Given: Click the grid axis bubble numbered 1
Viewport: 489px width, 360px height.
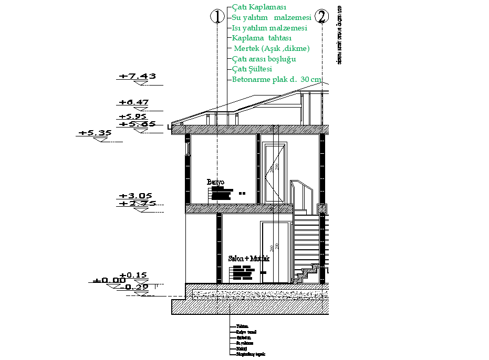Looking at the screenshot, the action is pos(217,17).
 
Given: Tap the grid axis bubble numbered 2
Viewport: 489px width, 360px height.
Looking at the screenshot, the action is pos(321,17).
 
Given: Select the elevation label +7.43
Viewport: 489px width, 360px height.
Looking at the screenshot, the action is pos(137,76).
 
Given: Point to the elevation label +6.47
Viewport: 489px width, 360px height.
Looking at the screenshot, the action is pos(134,102).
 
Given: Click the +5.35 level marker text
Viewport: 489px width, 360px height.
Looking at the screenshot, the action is pos(95,133).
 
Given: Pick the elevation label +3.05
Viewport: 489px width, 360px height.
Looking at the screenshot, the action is pos(134,196).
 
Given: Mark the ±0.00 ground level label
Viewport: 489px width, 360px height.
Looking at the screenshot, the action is pos(106,280).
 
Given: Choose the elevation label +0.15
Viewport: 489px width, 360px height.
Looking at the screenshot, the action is pos(133,274).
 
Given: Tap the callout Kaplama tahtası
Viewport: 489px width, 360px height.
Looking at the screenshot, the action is pos(262,38).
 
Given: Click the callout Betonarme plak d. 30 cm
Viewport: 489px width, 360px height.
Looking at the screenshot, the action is pos(276,79).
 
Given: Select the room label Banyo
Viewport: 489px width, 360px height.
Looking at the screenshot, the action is pos(215,182).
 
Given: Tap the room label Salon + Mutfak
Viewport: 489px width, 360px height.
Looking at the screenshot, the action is pos(249,259).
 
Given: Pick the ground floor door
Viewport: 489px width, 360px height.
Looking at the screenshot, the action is pos(276,252).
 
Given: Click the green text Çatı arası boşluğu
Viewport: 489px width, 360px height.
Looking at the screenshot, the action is pos(264,59).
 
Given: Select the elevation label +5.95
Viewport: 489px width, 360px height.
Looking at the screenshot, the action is pos(133,117).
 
